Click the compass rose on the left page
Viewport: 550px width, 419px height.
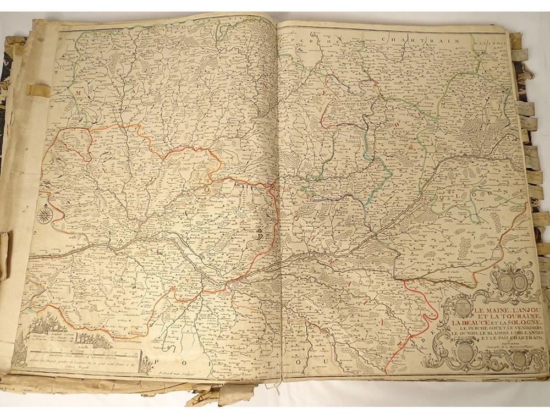(x=45, y=214)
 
